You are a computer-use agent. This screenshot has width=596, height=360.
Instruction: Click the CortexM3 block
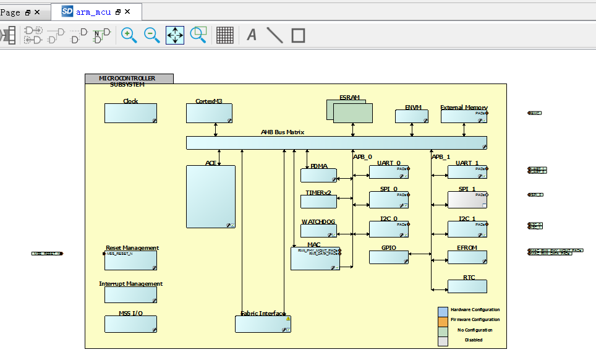209,113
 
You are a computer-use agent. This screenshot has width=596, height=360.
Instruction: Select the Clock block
130,113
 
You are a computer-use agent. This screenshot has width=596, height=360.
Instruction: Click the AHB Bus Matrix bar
336,142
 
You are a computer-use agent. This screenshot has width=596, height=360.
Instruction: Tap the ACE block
211,196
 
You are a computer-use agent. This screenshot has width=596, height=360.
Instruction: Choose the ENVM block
411,116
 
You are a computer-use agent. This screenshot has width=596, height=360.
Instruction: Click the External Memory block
464,116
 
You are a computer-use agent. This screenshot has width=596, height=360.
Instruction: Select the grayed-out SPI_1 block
467,199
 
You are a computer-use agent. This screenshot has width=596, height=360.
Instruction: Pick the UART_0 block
389,172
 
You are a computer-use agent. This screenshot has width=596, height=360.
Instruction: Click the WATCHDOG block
318,231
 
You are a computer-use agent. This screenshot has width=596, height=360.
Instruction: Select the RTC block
467,286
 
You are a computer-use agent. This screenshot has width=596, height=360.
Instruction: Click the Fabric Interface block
263,324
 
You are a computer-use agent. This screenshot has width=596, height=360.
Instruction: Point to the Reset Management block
130,260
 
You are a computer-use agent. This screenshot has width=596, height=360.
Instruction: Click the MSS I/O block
130,324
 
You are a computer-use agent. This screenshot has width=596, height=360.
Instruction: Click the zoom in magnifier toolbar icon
129,35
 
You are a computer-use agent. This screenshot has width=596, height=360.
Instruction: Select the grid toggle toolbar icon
225,35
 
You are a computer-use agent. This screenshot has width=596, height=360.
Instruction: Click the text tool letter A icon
252,35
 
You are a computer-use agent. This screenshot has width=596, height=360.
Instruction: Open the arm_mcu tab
93,12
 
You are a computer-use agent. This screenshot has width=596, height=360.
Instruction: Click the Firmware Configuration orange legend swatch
443,320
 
